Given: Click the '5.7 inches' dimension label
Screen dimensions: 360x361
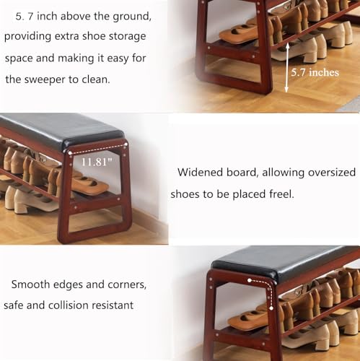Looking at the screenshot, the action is click(315, 72).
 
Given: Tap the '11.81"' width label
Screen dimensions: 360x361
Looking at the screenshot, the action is click(97, 162).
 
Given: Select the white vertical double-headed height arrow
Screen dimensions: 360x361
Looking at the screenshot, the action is click(286, 68).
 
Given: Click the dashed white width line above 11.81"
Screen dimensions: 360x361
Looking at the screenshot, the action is click(97, 149).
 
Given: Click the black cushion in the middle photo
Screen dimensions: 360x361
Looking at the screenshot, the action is click(60, 130).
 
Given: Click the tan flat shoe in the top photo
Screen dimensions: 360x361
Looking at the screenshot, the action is click(243, 33).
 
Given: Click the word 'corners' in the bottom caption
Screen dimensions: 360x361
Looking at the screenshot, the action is click(127, 284).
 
